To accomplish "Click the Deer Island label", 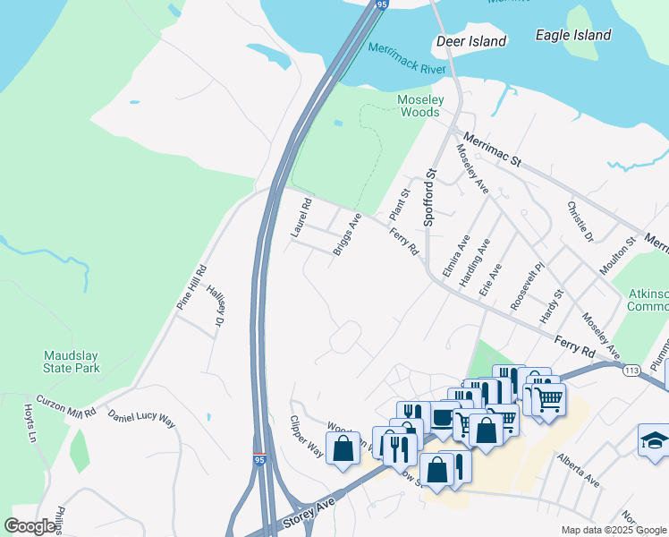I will (470, 41).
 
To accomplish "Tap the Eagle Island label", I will (573, 36).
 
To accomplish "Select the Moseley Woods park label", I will (419, 107).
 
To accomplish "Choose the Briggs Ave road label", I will (347, 234).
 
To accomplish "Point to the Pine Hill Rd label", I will (191, 287).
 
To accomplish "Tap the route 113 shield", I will (632, 369).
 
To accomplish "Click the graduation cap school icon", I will (654, 439).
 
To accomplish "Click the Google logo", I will (30, 526).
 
